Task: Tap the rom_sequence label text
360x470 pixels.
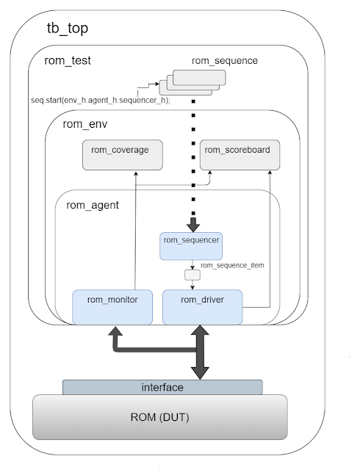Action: [224, 61]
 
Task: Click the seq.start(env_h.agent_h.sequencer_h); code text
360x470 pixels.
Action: [101, 101]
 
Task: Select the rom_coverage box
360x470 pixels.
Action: [120, 151]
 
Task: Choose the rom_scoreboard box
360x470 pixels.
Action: [237, 151]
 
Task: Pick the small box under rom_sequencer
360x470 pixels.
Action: [191, 275]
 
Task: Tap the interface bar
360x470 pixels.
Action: [162, 387]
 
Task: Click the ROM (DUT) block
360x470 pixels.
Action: [159, 419]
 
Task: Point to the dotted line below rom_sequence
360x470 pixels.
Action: [192, 162]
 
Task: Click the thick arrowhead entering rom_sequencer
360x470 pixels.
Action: [192, 225]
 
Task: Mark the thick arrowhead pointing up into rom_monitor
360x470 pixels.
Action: [116, 332]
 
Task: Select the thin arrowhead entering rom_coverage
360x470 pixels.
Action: [135, 172]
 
